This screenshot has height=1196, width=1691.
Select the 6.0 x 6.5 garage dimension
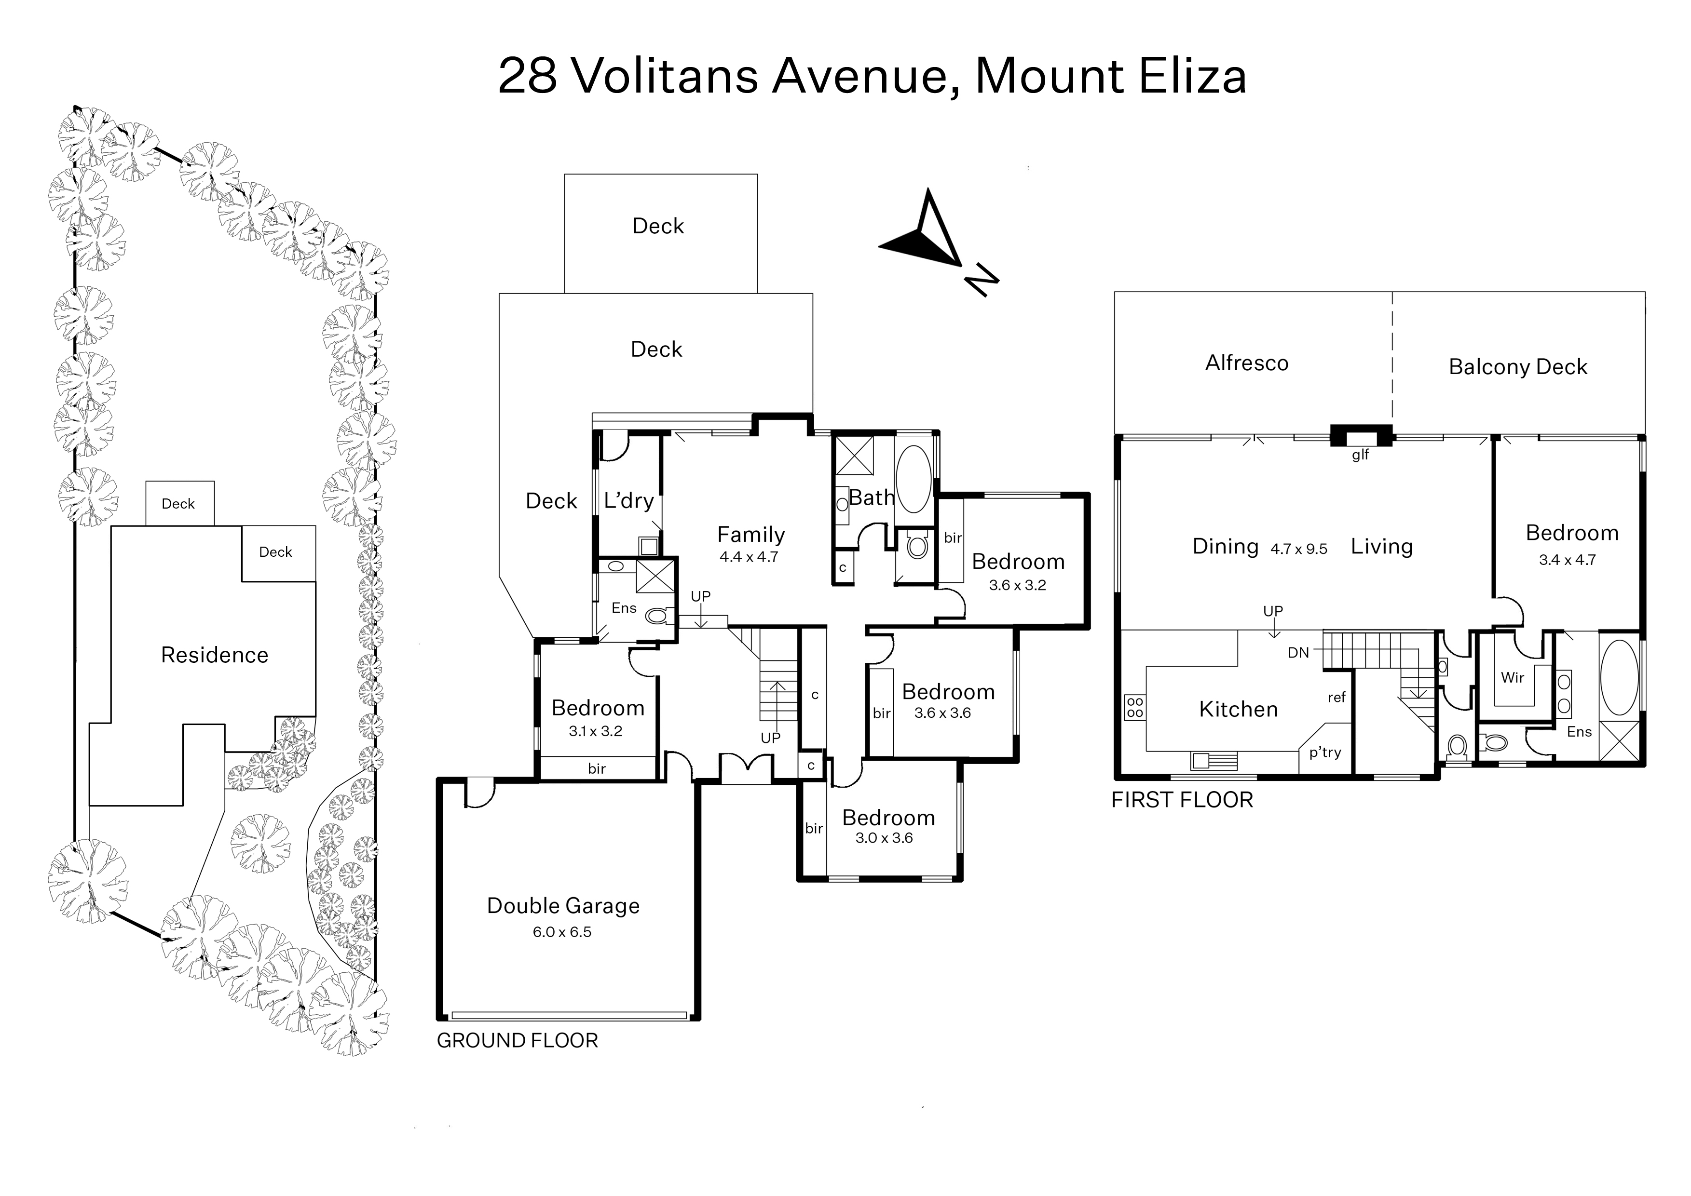click(x=562, y=932)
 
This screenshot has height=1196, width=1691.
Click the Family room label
click(x=751, y=535)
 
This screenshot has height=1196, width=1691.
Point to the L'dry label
click(x=628, y=501)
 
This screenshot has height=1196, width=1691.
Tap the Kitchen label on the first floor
click(x=1239, y=709)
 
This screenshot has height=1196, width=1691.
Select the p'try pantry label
click(x=1325, y=753)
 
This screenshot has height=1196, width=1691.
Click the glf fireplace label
click(x=1360, y=455)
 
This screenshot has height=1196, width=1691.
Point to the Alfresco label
click(x=1247, y=363)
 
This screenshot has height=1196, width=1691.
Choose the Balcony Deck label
click(x=1518, y=367)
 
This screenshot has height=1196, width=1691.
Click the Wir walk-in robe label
click(x=1513, y=677)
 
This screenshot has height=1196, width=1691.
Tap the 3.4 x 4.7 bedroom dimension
click(x=1567, y=560)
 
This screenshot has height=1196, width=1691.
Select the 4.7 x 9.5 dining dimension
click(x=1299, y=549)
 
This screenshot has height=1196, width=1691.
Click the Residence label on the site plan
click(x=215, y=655)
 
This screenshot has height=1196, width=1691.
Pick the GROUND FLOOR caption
click(x=517, y=1041)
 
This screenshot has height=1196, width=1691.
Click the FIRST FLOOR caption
click(x=1182, y=800)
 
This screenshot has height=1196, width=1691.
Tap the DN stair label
click(x=1298, y=653)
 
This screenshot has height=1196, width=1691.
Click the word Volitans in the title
click(x=665, y=76)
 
